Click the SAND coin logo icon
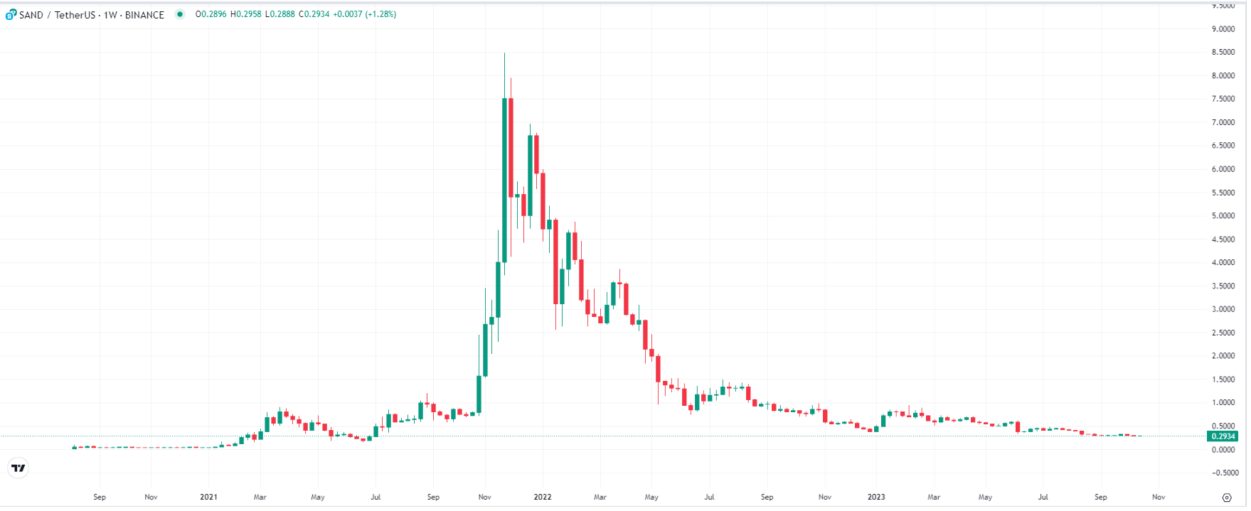point(11,14)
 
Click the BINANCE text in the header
point(144,15)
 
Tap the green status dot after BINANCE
point(180,14)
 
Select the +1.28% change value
point(380,14)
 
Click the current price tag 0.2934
point(1223,436)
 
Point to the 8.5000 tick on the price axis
point(1223,53)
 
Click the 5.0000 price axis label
point(1223,216)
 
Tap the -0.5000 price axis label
point(1223,473)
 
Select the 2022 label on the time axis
point(543,497)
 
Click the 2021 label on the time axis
point(208,497)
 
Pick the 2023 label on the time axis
point(876,497)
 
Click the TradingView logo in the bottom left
point(18,468)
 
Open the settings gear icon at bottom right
point(1226,497)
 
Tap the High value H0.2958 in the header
point(245,14)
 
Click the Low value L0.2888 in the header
point(280,14)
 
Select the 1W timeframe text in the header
point(110,15)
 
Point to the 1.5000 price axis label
point(1223,380)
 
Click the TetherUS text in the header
point(74,15)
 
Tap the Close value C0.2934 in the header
point(314,14)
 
